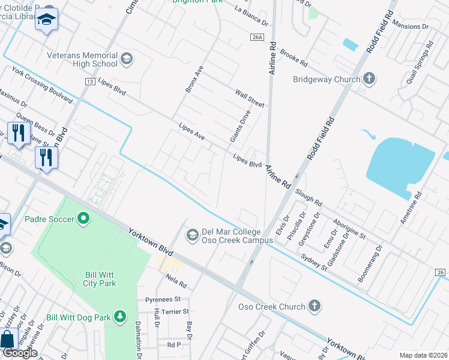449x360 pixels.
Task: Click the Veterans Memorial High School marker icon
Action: tap(126, 58)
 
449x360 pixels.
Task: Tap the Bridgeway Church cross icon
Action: tap(369, 79)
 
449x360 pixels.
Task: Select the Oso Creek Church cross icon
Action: tap(314, 307)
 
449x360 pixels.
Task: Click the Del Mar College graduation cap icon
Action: tap(193, 233)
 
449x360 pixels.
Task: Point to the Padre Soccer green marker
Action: tap(83, 218)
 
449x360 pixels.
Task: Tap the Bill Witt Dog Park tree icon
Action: tap(120, 316)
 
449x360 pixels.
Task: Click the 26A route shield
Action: tap(257, 37)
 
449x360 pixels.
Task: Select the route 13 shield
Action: tap(90, 81)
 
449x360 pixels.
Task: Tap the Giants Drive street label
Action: tap(240, 126)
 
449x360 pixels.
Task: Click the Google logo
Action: tap(20, 353)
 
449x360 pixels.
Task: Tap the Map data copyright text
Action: tap(424, 355)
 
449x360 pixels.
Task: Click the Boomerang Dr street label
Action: tap(369, 265)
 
